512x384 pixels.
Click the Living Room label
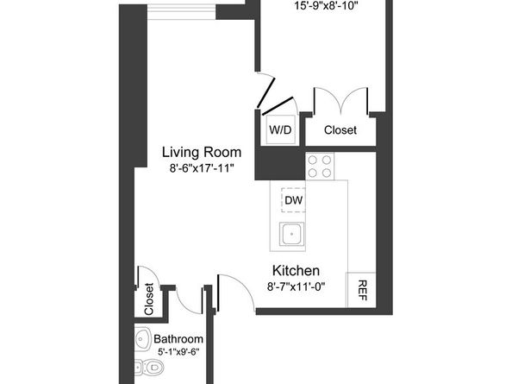pyautogui.click(x=202, y=153)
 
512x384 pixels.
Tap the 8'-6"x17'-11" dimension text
pyautogui.click(x=202, y=169)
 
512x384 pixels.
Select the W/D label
pyautogui.click(x=281, y=130)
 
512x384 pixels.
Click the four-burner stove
pyautogui.click(x=321, y=166)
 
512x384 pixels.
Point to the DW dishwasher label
pyautogui.click(x=292, y=200)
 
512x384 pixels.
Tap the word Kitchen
pyautogui.click(x=297, y=269)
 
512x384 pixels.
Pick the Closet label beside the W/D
pyautogui.click(x=340, y=130)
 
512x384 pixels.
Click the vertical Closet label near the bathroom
pyautogui.click(x=148, y=299)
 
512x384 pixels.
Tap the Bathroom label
pyautogui.click(x=178, y=338)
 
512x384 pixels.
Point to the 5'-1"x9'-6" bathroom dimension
pyautogui.click(x=178, y=353)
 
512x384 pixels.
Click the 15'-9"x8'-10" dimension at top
pyautogui.click(x=327, y=5)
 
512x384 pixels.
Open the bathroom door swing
pyautogui.click(x=189, y=298)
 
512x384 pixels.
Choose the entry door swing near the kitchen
pyautogui.click(x=233, y=293)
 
